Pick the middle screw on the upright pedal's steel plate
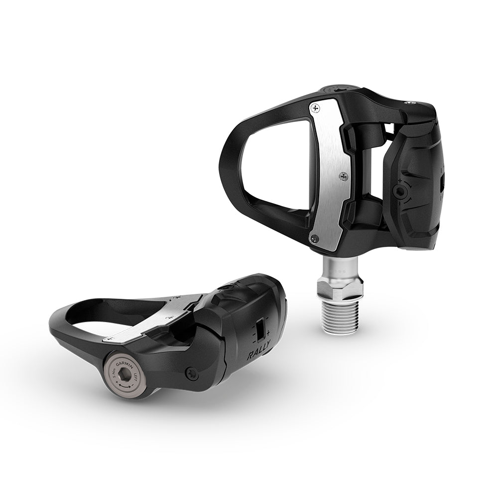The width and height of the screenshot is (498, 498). coord(343,175)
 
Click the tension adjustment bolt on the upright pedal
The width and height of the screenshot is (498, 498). coord(399,191)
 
